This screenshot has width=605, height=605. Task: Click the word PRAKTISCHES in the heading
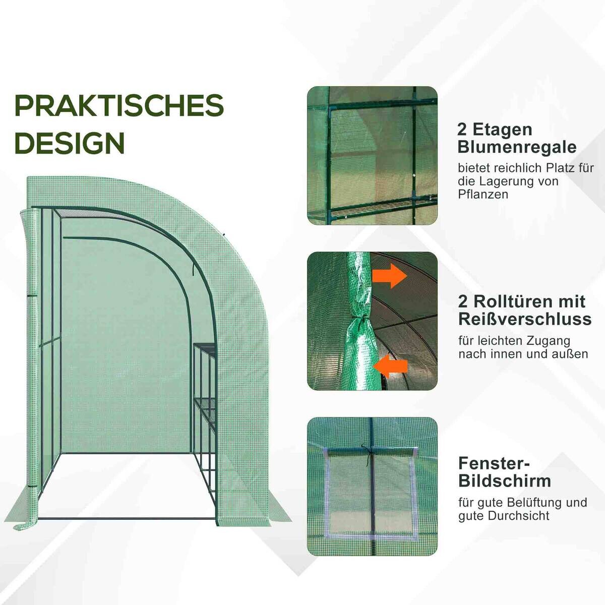119,105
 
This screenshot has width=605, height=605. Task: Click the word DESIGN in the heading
70,143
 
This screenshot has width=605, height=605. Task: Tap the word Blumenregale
517,147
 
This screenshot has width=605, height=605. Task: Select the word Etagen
502,129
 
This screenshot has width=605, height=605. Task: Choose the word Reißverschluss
524,319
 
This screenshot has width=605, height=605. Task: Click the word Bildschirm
504,480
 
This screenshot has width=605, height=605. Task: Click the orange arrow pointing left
392,365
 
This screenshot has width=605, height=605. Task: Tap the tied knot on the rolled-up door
358,323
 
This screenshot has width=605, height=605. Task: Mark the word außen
571,354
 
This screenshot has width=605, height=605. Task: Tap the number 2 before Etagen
462,129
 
